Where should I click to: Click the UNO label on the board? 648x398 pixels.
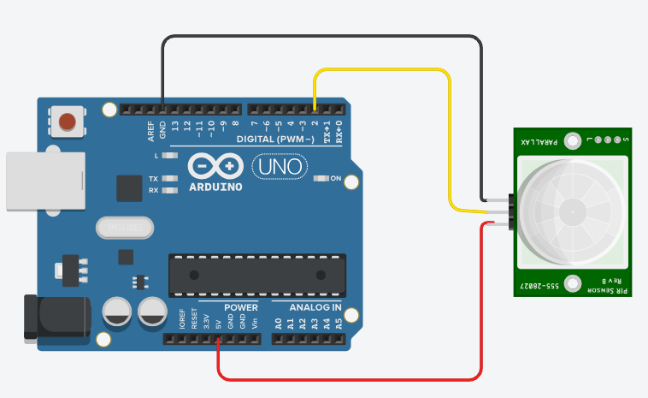click(279, 166)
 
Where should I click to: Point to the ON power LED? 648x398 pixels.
click(322, 178)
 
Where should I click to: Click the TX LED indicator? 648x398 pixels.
click(169, 179)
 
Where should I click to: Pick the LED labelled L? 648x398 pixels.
click(169, 157)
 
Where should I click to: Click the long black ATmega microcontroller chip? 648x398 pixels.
click(256, 275)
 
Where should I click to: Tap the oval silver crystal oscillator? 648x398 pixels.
click(126, 228)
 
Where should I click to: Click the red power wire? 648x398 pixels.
click(342, 379)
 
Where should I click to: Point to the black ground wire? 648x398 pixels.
click(325, 37)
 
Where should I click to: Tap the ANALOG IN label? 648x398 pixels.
click(315, 307)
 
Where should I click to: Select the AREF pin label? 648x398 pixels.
click(150, 131)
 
